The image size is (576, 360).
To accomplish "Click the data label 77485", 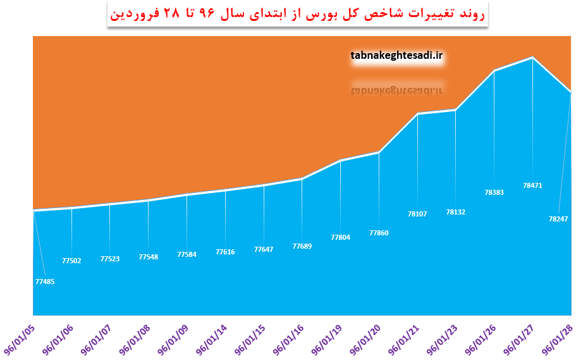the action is [x=45, y=282].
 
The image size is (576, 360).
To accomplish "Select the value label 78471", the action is [x=532, y=186].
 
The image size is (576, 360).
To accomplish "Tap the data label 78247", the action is [x=558, y=219].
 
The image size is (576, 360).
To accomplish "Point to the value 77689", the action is [x=302, y=246].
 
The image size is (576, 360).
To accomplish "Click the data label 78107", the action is [x=417, y=214].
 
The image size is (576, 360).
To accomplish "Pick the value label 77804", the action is [x=341, y=237].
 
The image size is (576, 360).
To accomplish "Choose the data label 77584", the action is [x=187, y=254].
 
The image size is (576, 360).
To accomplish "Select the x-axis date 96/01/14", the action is [x=211, y=340].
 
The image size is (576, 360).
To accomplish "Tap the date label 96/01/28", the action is [x=557, y=340].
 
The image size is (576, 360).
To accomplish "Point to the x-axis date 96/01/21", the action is [x=404, y=340].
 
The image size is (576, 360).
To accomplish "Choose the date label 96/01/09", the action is [x=173, y=340].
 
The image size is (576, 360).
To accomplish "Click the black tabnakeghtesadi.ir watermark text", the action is [x=396, y=56].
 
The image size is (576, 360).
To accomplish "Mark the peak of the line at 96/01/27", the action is [x=532, y=58].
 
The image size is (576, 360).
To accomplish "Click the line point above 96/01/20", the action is [x=379, y=152].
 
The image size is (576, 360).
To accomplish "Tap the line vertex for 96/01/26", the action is [x=494, y=70].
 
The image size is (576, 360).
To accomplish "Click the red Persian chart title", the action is [x=298, y=14].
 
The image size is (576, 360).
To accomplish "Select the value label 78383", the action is [x=494, y=192].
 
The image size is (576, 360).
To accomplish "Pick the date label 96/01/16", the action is [x=288, y=340].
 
